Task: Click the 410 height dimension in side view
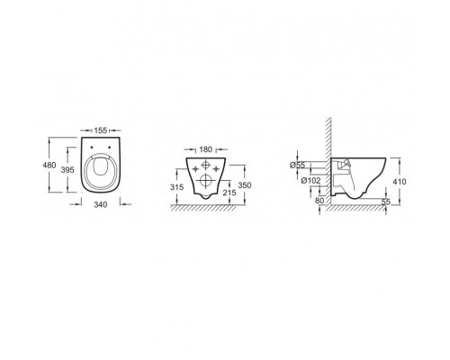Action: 400,180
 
